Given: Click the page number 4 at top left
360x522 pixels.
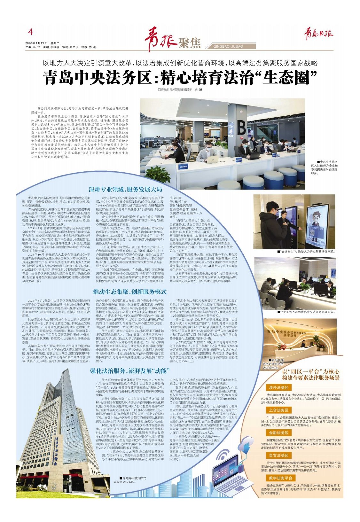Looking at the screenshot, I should pos(31,32).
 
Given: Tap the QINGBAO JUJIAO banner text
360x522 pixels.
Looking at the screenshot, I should pos(228,46).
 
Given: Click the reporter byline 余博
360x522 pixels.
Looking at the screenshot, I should pos(198,90).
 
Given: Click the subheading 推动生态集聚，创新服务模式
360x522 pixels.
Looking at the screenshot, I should pos(130,291).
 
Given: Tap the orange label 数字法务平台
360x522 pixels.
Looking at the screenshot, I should pos(281,478).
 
